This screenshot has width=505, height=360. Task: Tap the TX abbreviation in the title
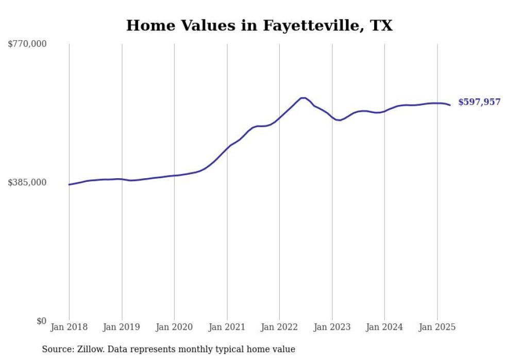(x=381, y=25)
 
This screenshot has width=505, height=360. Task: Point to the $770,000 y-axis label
(x=27, y=44)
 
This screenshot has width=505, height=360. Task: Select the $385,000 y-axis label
(x=27, y=182)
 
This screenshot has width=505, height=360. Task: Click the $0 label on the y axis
(x=42, y=321)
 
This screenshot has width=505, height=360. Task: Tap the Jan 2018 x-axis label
(x=69, y=327)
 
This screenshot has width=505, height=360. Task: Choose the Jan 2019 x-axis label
(x=122, y=327)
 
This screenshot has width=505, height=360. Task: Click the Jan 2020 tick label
(x=174, y=327)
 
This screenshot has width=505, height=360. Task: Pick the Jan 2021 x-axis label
(x=227, y=327)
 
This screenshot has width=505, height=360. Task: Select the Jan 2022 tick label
(x=279, y=327)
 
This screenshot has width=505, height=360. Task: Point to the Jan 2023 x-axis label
(x=332, y=327)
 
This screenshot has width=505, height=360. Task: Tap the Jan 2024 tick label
(x=384, y=327)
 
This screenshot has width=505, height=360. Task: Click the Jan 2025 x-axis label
(x=437, y=327)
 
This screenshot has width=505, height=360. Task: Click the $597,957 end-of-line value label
(x=480, y=102)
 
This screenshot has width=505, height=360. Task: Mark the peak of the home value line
(x=303, y=98)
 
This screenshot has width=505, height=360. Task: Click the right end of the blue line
(x=450, y=105)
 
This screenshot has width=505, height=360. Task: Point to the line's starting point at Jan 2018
(x=69, y=184)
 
